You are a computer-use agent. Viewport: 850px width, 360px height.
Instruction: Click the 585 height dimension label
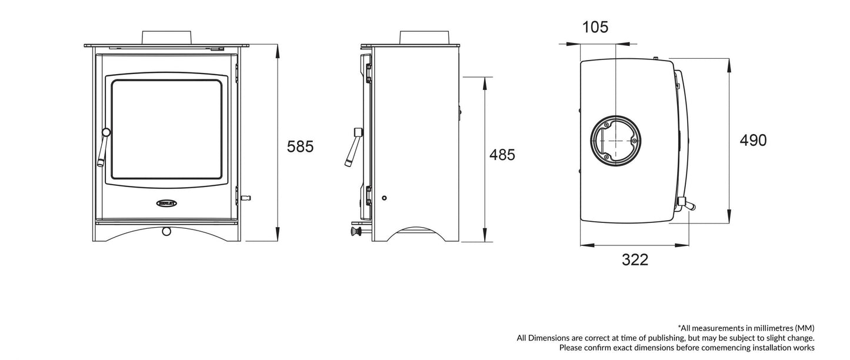point(300,146)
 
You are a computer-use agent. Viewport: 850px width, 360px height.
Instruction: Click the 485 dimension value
point(502,155)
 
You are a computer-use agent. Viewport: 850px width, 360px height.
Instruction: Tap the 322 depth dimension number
point(635,259)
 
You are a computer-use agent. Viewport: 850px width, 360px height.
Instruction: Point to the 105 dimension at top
point(595,27)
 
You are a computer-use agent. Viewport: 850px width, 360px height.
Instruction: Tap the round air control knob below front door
point(166,231)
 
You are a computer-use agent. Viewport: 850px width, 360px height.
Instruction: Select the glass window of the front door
point(166,129)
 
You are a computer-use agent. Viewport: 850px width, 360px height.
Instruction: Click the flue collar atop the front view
point(166,36)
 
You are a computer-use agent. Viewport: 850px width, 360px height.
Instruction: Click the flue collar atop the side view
point(425,36)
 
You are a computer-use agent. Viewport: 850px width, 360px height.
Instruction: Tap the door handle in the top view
point(686,204)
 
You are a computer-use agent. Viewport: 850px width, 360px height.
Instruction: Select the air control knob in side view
point(355,232)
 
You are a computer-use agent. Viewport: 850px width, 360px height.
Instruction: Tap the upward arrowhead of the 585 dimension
point(278,51)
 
